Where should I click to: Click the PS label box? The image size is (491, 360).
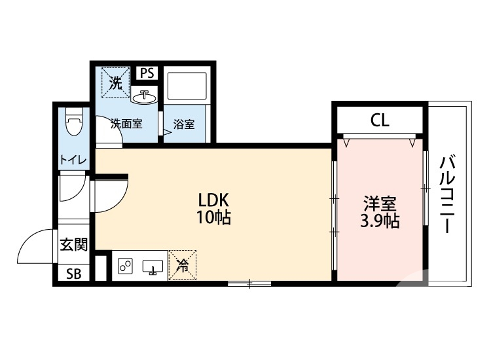(x=147, y=73)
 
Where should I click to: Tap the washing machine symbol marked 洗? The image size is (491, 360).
(x=115, y=82)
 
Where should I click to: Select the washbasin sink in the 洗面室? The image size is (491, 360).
(x=144, y=97)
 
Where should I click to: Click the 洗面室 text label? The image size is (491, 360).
(x=126, y=124)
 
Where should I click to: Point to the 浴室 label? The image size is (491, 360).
(x=184, y=124)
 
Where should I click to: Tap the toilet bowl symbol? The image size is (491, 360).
(x=74, y=122)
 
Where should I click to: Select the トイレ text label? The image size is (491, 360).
(x=73, y=160)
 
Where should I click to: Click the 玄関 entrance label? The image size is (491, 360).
(x=73, y=245)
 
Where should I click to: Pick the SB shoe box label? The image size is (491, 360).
(x=73, y=274)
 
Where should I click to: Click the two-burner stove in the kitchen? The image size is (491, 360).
(x=125, y=266)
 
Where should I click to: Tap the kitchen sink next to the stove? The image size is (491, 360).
(x=153, y=267)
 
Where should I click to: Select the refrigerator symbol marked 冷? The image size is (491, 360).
(x=182, y=265)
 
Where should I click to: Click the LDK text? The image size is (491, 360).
(x=214, y=200)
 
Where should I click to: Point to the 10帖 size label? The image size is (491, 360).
(x=213, y=217)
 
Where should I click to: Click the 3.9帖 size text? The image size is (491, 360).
(x=380, y=221)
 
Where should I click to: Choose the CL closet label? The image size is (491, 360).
(x=380, y=120)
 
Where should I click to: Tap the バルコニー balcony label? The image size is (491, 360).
(x=448, y=194)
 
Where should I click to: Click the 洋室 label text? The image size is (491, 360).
(x=380, y=204)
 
